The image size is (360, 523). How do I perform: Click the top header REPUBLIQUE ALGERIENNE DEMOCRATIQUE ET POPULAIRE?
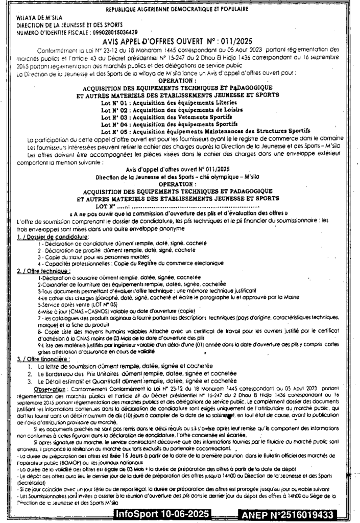[177, 9]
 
